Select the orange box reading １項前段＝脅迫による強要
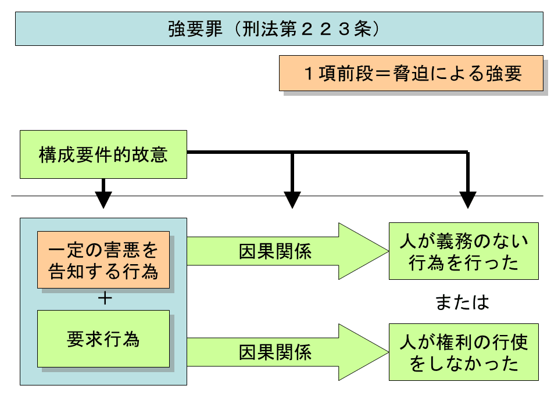411,73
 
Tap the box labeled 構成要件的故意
103,155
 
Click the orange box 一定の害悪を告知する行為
103,260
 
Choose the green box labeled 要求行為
103,338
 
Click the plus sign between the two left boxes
105,298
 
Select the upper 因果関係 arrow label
275,251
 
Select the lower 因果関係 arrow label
275,352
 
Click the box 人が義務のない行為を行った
463,251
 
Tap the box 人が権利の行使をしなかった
463,352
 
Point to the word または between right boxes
463,302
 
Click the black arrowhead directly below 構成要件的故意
103,199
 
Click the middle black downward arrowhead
292,199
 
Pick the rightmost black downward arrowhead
467,199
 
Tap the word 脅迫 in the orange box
412,73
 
